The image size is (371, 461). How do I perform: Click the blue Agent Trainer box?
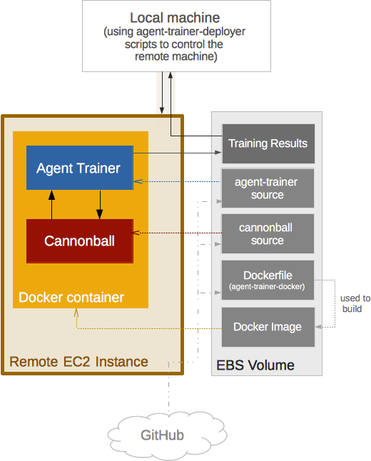point(80,168)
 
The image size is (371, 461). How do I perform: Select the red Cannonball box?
point(80,240)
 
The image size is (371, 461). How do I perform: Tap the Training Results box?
point(268,143)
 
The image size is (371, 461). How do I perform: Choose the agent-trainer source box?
point(268,188)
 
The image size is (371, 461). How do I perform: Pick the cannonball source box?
point(268,234)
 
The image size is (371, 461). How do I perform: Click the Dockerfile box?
point(268,280)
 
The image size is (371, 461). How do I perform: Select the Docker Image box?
point(268,327)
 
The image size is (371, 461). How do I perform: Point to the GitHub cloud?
point(167,435)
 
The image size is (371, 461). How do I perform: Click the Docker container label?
point(71,298)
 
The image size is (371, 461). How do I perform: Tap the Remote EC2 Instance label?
point(78,362)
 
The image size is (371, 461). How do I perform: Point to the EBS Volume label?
point(255,365)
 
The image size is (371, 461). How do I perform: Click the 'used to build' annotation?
point(355,303)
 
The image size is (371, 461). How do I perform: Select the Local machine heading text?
point(175,18)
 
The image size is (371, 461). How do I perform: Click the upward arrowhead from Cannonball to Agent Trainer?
point(52,195)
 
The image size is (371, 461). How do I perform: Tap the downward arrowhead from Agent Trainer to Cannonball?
point(100,214)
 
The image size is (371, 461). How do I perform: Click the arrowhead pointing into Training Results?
point(218,152)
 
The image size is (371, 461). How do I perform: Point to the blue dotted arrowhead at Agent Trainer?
point(138,181)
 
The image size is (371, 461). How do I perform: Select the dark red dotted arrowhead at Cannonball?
point(136,233)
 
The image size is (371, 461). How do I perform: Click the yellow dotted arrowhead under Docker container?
point(76,313)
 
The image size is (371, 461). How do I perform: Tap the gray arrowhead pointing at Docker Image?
point(318,327)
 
